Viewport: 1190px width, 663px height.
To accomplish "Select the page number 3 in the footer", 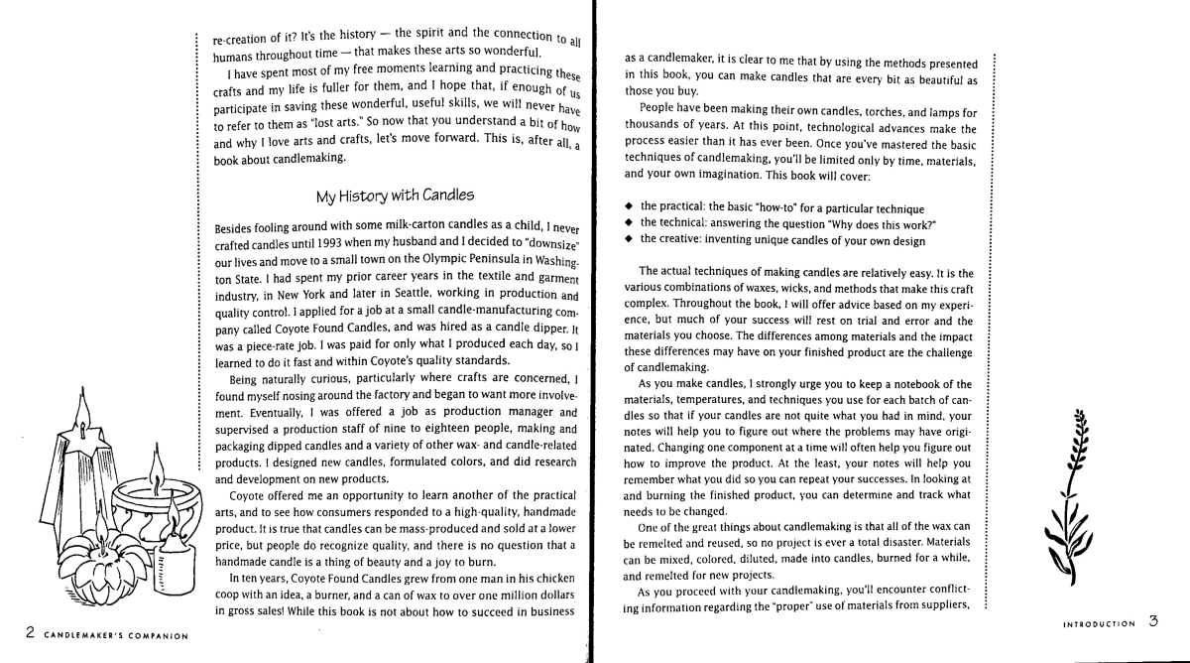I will click(1153, 623).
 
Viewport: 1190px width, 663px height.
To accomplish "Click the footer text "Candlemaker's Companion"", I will click(109, 634).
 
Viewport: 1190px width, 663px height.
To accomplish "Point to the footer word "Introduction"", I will click(1098, 625).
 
